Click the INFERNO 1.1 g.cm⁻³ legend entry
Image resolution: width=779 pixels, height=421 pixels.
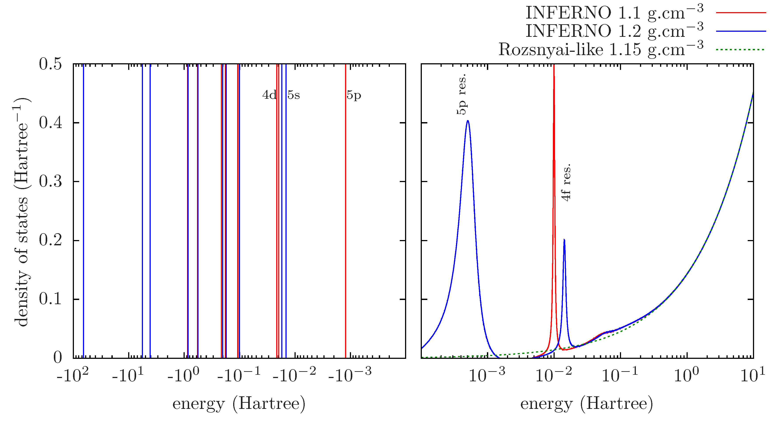tap(614, 13)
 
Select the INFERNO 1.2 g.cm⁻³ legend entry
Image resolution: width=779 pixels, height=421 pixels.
tap(614, 31)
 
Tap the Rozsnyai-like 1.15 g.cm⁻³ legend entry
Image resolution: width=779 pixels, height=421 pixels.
tap(600, 49)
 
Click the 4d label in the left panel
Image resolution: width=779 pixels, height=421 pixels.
tap(269, 95)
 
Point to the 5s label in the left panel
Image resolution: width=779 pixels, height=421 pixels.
tap(294, 95)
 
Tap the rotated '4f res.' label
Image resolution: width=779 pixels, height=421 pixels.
tap(566, 183)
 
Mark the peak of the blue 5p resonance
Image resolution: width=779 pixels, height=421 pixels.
tap(468, 121)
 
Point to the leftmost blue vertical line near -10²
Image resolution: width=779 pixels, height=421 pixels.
tap(83, 212)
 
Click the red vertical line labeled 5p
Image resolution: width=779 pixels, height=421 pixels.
tap(345, 212)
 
